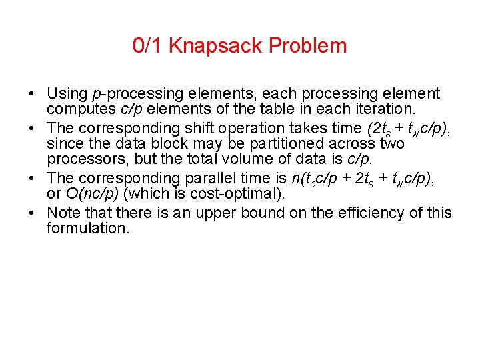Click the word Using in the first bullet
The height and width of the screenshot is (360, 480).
69,94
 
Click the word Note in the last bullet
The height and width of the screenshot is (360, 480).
63,213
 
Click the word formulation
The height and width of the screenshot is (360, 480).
87,228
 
